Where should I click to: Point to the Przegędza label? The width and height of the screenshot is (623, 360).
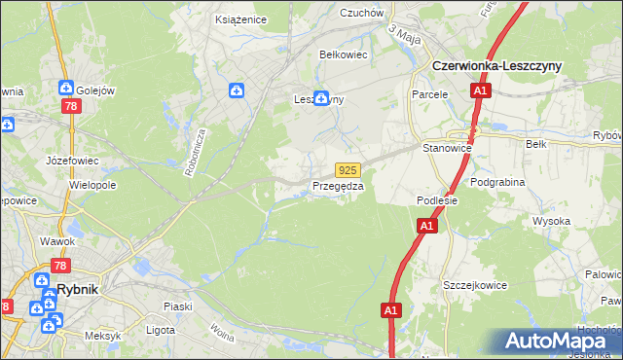pos(338,186)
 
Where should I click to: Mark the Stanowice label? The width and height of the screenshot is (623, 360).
pos(447,148)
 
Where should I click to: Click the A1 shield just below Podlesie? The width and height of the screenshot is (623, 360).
pos(425,226)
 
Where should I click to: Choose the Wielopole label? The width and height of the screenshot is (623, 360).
pos(93,184)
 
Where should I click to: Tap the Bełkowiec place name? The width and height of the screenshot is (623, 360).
pos(343,55)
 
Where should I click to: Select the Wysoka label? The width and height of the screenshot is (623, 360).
pos(551,221)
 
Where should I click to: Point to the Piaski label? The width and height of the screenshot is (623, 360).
pos(177,306)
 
